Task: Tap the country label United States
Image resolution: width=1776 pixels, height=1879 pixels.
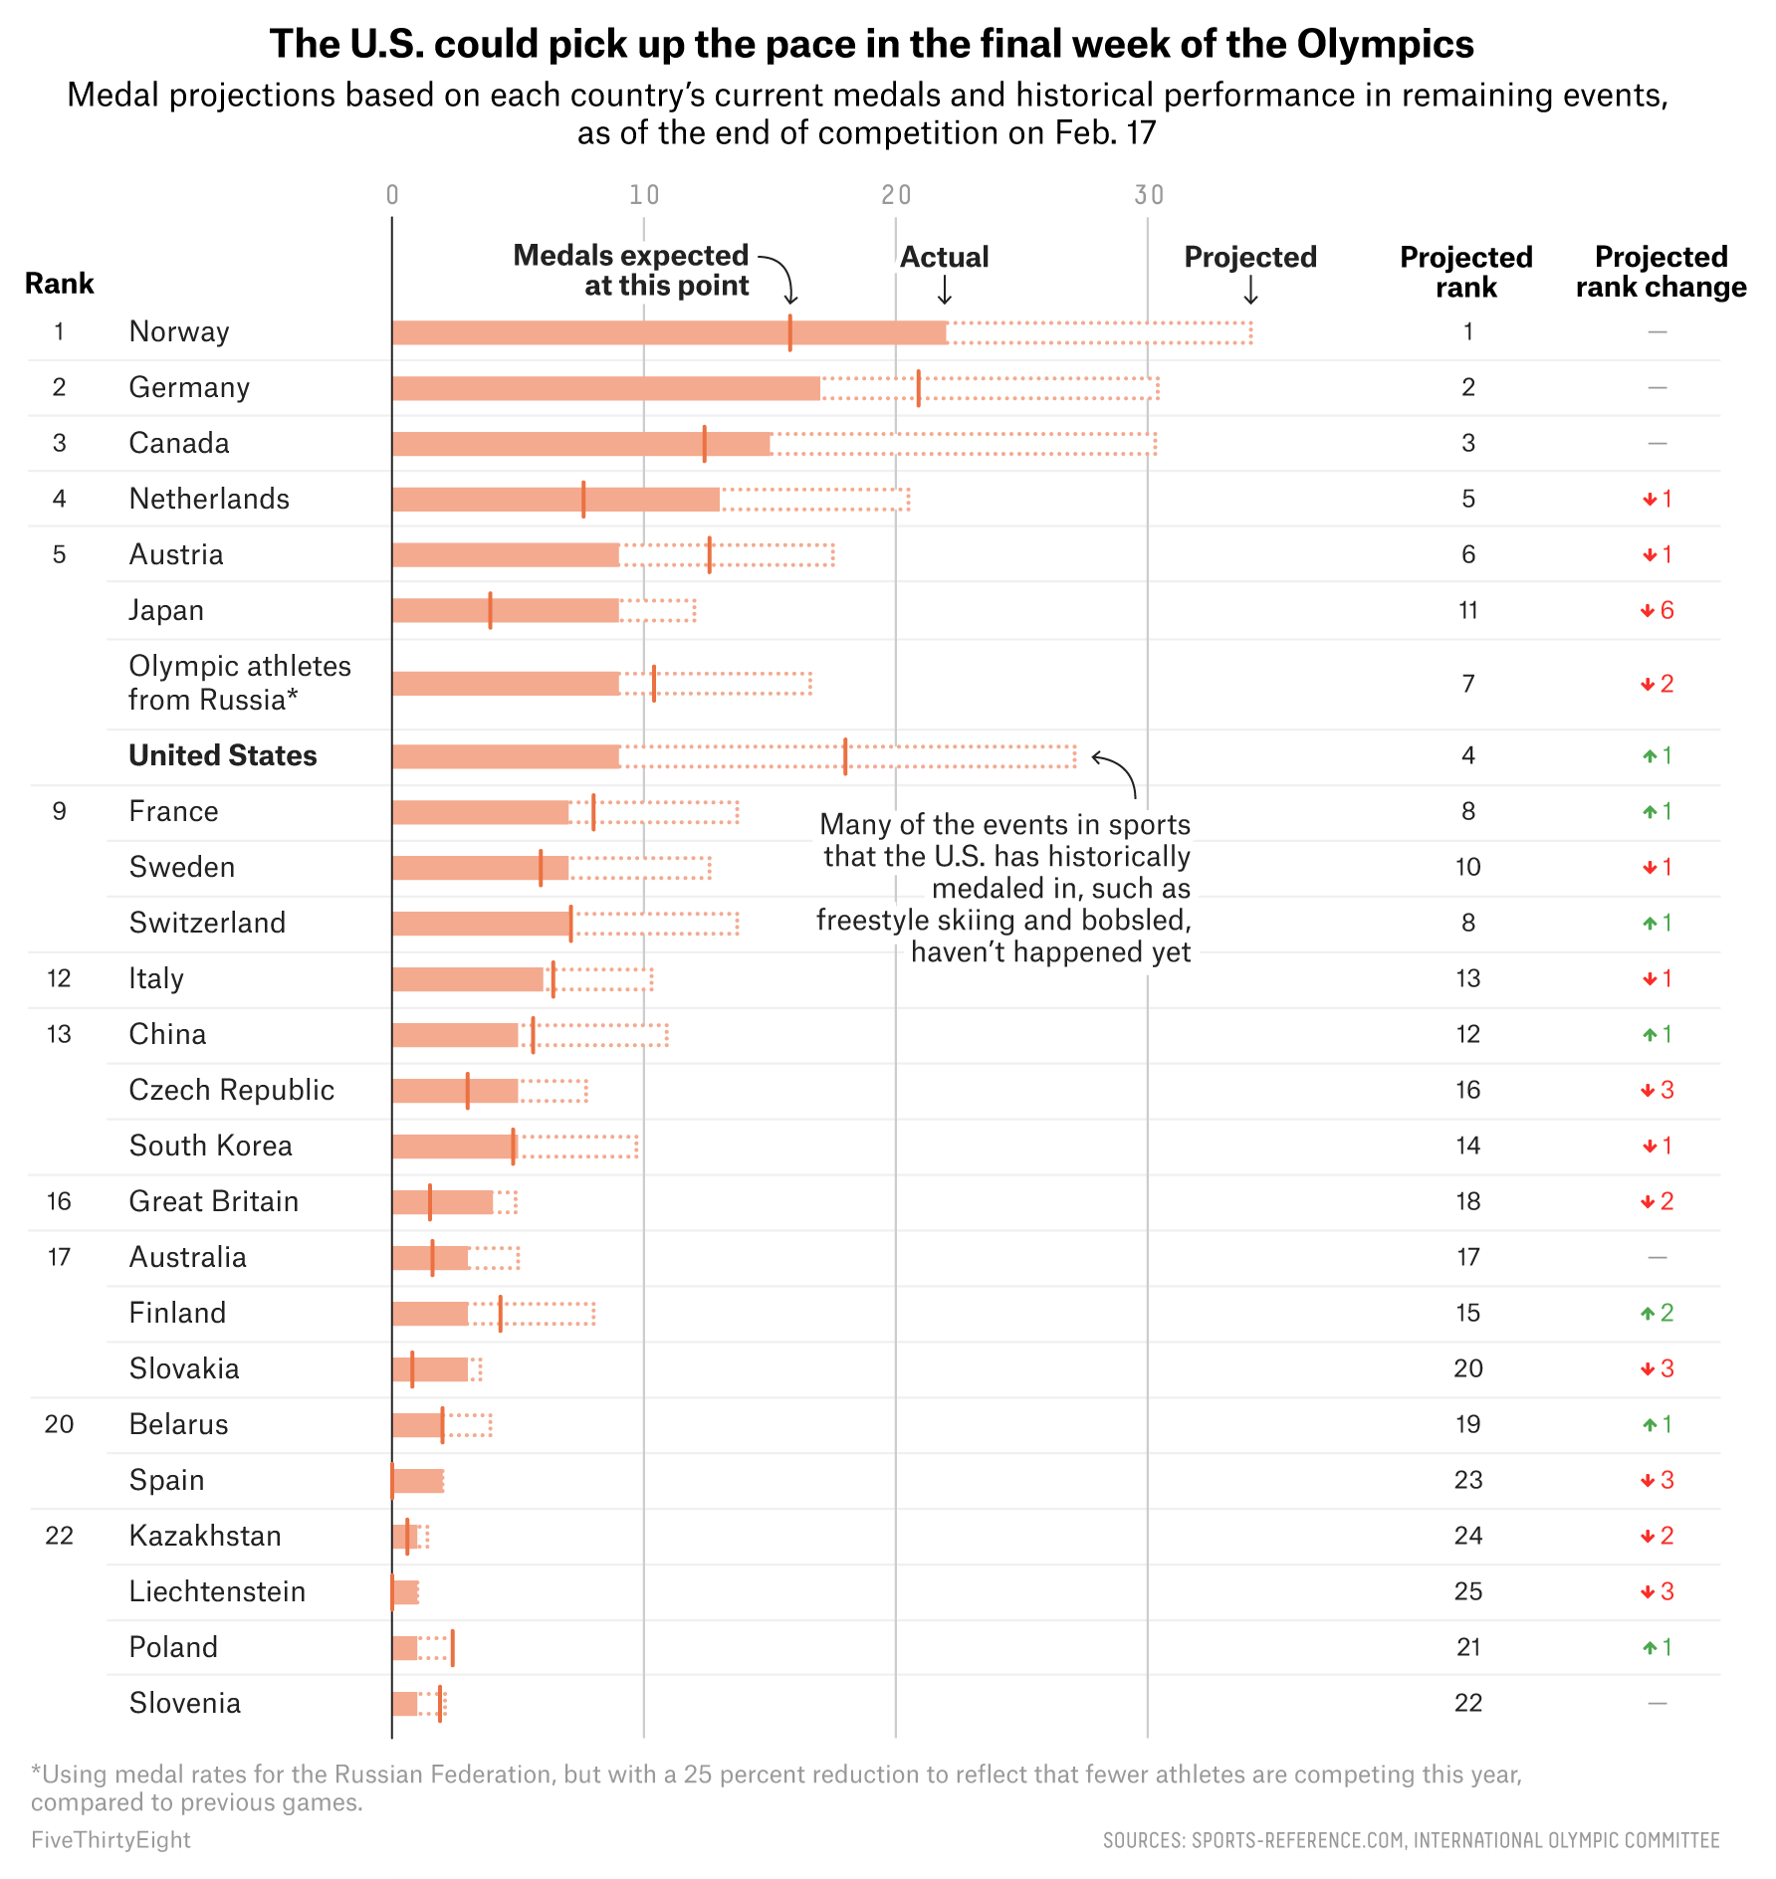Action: coord(223,755)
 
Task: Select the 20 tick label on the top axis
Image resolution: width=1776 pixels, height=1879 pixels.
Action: coord(896,195)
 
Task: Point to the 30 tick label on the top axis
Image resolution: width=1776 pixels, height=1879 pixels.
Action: coord(1148,195)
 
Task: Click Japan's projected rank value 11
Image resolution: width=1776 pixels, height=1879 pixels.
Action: coord(1467,610)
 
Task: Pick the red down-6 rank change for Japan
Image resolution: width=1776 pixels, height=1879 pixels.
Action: coord(1658,610)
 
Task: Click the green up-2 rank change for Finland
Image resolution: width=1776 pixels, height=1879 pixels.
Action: coord(1658,1313)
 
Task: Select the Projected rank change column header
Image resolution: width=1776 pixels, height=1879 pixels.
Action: coord(1661,272)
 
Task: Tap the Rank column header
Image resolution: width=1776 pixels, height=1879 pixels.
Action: coord(60,284)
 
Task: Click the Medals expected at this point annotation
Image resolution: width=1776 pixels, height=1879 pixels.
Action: coord(631,271)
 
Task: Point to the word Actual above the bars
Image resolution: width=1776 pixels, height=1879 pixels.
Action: coord(944,258)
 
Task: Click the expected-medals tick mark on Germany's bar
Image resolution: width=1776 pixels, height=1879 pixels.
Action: coord(918,388)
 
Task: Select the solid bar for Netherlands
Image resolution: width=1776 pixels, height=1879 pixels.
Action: coord(555,500)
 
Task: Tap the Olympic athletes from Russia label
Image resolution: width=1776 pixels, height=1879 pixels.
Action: coord(240,683)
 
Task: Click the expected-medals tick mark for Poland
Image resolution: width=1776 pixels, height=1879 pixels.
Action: coord(452,1648)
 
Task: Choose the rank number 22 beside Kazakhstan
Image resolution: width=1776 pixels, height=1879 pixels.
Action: coord(60,1536)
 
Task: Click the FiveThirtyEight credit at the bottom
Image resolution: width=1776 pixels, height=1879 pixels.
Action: coord(111,1840)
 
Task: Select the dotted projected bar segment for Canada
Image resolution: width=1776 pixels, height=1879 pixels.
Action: coord(964,444)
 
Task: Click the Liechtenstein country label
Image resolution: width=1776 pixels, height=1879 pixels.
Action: coord(217,1591)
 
